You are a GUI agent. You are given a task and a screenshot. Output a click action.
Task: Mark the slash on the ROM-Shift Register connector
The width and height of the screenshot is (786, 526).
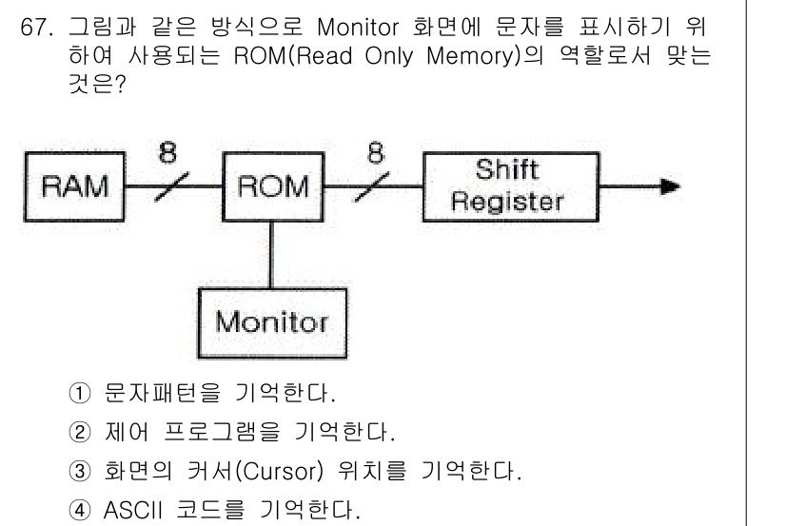(373, 187)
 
